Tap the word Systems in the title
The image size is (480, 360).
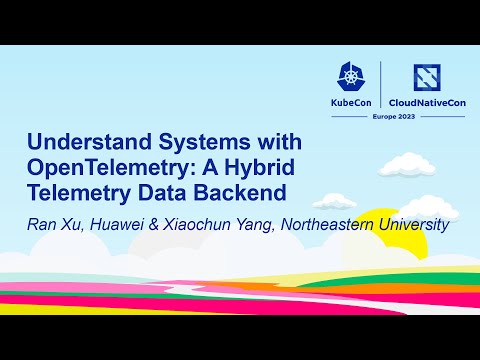(x=199, y=141)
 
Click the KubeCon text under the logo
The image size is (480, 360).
(x=352, y=103)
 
